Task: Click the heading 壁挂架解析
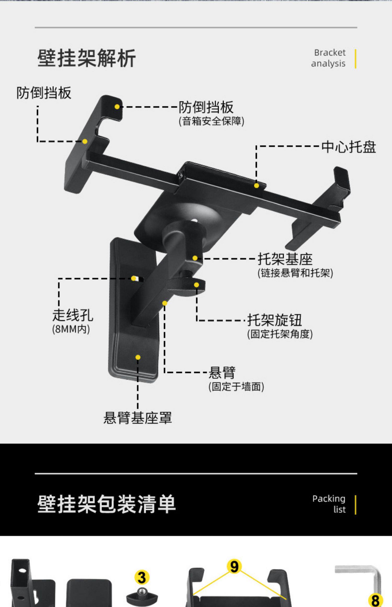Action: pos(87,58)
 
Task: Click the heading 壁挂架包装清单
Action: pos(106,504)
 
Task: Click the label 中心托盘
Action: pos(348,147)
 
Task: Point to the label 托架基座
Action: pos(285,259)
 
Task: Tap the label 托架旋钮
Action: pos(274,320)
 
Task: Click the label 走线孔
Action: pos(73,315)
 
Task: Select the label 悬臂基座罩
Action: pos(137,418)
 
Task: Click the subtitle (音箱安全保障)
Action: pos(211,121)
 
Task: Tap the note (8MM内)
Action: pos(71,329)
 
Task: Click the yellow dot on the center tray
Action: pos(256,186)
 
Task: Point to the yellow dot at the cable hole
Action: pos(134,278)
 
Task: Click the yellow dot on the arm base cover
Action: pos(138,357)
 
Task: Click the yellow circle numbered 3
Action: pos(142,577)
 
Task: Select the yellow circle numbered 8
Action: pos(375,600)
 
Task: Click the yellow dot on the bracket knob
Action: pos(197,285)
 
